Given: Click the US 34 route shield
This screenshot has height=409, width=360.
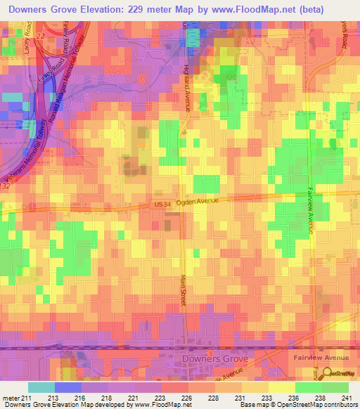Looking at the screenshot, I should [162, 204].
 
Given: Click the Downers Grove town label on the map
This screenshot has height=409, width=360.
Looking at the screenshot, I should [214, 359].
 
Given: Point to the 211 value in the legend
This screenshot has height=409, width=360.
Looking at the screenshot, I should [28, 398].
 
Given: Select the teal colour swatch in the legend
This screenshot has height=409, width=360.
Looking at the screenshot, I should [41, 387].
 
